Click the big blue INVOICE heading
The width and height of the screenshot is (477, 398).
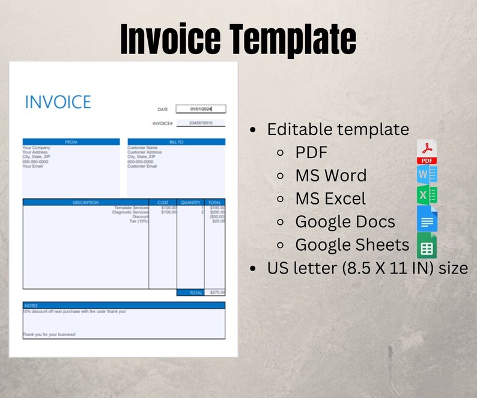click(x=58, y=102)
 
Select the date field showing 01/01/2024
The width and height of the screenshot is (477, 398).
click(x=201, y=109)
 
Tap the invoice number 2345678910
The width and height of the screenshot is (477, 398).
click(x=201, y=123)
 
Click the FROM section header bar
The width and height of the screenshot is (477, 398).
click(x=71, y=142)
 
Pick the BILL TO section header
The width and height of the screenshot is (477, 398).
click(x=176, y=142)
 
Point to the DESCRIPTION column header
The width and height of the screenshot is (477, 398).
click(x=85, y=202)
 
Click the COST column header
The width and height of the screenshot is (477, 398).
click(x=163, y=202)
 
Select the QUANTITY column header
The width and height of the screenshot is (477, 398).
click(x=190, y=202)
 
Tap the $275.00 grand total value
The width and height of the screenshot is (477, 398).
click(x=215, y=293)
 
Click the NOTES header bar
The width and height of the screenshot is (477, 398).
click(x=124, y=305)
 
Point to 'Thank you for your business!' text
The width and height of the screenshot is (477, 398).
click(x=49, y=334)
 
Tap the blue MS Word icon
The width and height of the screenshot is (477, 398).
click(x=427, y=175)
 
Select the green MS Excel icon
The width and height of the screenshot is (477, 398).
click(x=427, y=196)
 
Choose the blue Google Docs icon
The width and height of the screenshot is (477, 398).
click(x=427, y=219)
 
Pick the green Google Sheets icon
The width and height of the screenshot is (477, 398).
click(x=427, y=245)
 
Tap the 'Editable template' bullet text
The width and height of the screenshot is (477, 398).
click(x=338, y=129)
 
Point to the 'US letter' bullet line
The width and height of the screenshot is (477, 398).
click(x=367, y=268)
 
